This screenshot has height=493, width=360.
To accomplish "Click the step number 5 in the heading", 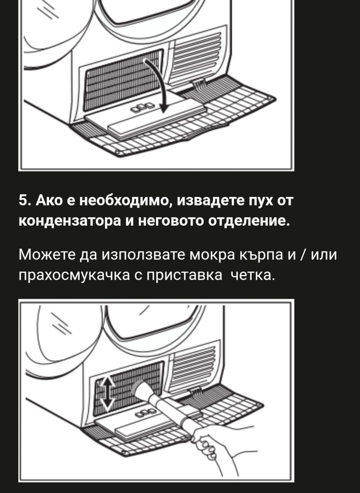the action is (23, 201).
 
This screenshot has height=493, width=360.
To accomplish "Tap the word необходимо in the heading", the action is (125, 201).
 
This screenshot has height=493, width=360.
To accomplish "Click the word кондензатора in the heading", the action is (70, 221).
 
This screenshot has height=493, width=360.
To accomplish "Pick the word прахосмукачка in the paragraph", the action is (74, 275).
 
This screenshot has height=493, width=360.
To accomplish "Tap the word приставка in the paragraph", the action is (184, 275).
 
